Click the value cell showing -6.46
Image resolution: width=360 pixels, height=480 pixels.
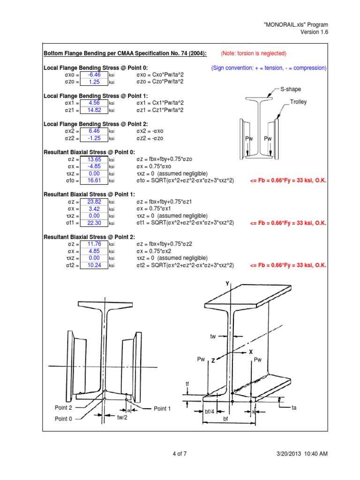tap(95, 75)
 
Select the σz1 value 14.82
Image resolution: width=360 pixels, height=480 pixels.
tap(95, 110)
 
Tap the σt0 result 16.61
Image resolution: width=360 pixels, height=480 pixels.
tap(95, 180)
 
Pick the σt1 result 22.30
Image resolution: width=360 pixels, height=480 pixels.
tap(95, 223)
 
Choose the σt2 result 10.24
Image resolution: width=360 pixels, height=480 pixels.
tap(95, 265)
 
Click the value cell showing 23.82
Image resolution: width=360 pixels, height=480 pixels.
tap(95, 202)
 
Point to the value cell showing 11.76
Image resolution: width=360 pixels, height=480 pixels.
tap(95, 244)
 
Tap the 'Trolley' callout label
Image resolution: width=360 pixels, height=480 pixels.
tap(299, 102)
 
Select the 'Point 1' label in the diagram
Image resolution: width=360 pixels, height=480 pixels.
tap(162, 409)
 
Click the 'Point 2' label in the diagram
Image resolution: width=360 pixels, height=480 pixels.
tap(63, 408)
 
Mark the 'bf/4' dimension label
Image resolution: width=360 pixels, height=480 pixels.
tap(210, 411)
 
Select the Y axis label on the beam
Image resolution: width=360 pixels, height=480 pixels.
tap(227, 284)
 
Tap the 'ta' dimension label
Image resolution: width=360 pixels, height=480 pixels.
tap(294, 408)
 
